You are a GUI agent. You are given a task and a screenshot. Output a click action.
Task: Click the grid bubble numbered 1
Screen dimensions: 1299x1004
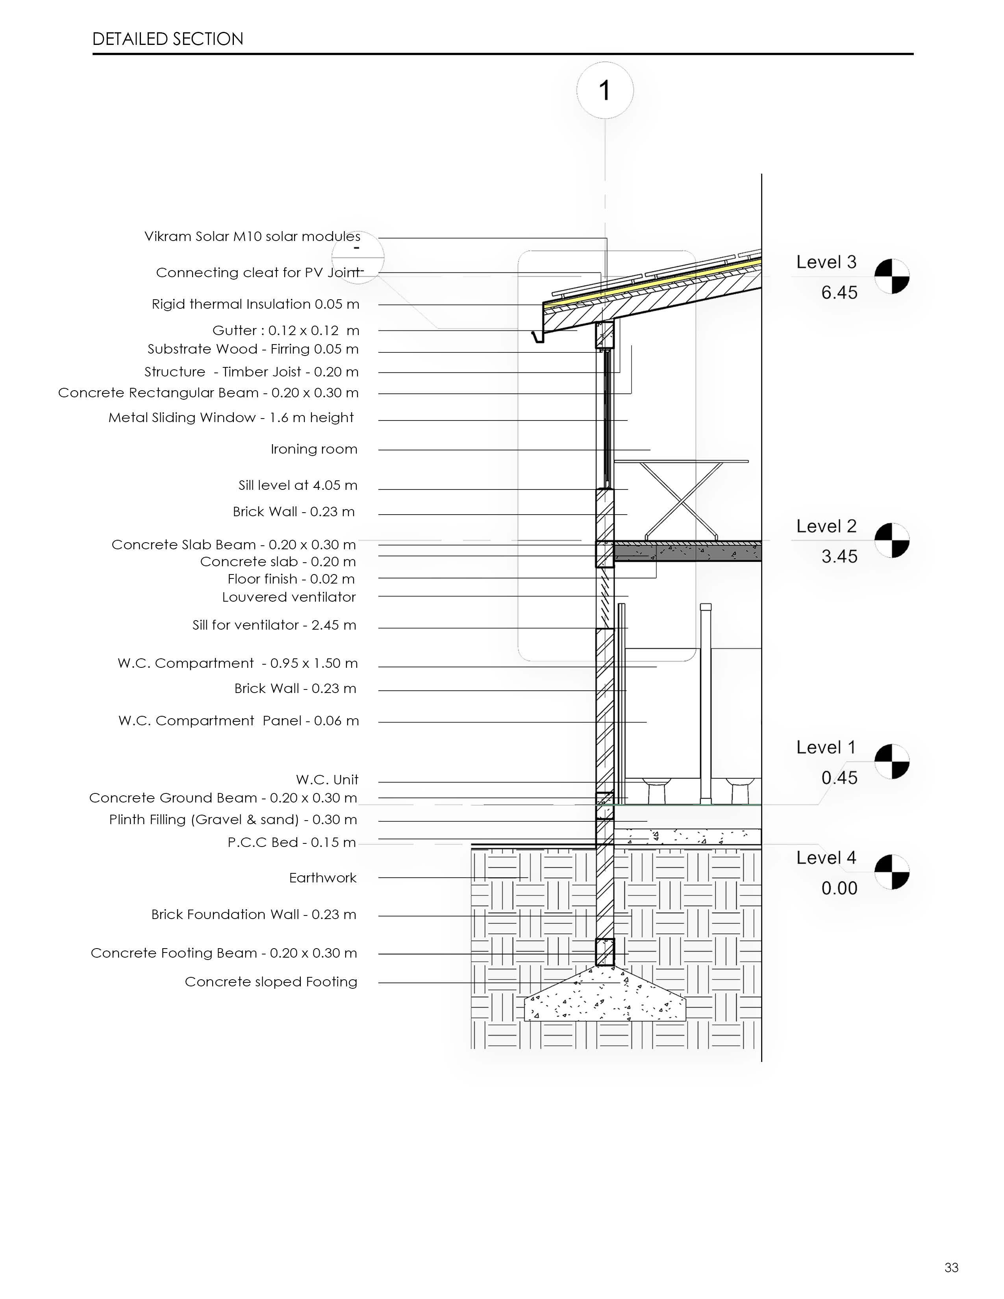pos(604,91)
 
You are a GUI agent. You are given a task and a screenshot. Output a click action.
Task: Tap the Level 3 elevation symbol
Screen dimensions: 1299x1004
pos(891,276)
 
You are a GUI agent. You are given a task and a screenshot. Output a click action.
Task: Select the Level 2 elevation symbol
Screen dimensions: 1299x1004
pos(891,540)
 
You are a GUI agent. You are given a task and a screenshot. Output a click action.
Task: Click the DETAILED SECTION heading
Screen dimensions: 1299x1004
pos(168,39)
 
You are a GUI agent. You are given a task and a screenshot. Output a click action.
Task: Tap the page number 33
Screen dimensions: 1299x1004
pos(951,1267)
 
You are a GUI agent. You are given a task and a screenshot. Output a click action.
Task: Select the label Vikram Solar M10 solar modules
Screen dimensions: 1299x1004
pos(252,237)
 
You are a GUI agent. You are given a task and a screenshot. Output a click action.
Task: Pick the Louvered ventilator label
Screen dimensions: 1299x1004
pos(289,597)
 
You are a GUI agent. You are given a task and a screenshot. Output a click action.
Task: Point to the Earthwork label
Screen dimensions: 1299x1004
pos(323,878)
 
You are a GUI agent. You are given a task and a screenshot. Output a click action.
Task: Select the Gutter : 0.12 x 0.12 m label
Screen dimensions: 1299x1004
pos(285,331)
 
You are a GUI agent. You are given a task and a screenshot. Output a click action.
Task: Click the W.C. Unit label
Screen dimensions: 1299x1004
pos(327,780)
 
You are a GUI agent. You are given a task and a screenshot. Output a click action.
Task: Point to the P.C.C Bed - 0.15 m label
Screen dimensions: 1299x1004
pos(291,843)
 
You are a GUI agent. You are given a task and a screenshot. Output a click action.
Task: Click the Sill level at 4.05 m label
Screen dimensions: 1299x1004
pos(298,486)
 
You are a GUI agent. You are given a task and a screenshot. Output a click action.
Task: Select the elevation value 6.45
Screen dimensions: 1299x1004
pos(839,293)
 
